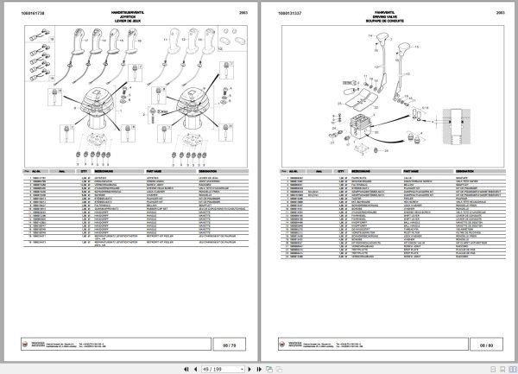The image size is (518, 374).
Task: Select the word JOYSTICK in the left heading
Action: (129, 16)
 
